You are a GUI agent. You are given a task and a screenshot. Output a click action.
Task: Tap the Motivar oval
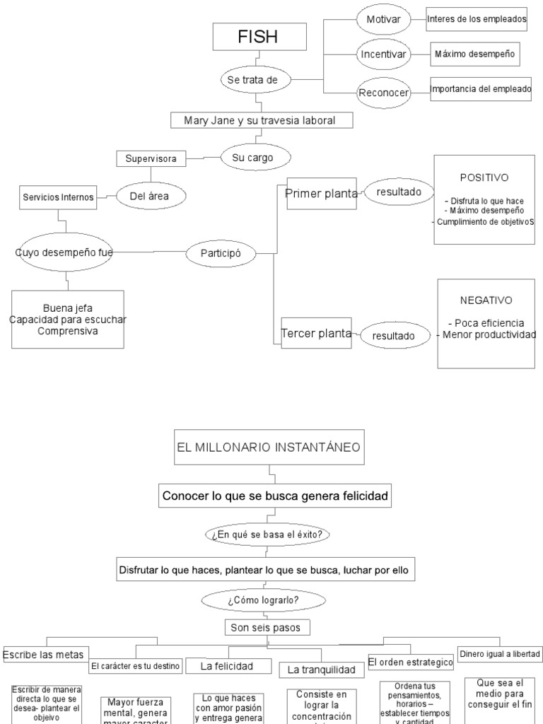383,20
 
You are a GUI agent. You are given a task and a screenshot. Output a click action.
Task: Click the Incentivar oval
383,54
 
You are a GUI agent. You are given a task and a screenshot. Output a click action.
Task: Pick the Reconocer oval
383,93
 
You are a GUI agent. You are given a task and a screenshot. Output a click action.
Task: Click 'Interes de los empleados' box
477,20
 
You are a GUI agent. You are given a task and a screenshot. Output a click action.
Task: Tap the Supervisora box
151,158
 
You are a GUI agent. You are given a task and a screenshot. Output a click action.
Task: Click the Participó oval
221,252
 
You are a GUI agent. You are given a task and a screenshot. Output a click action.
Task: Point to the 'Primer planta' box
320,194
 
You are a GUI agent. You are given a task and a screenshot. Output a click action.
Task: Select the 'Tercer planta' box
317,333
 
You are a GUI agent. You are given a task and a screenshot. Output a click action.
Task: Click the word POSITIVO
484,177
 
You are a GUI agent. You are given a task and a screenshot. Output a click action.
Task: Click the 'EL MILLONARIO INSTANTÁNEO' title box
269,448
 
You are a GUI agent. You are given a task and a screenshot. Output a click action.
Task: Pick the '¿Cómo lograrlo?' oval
264,601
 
